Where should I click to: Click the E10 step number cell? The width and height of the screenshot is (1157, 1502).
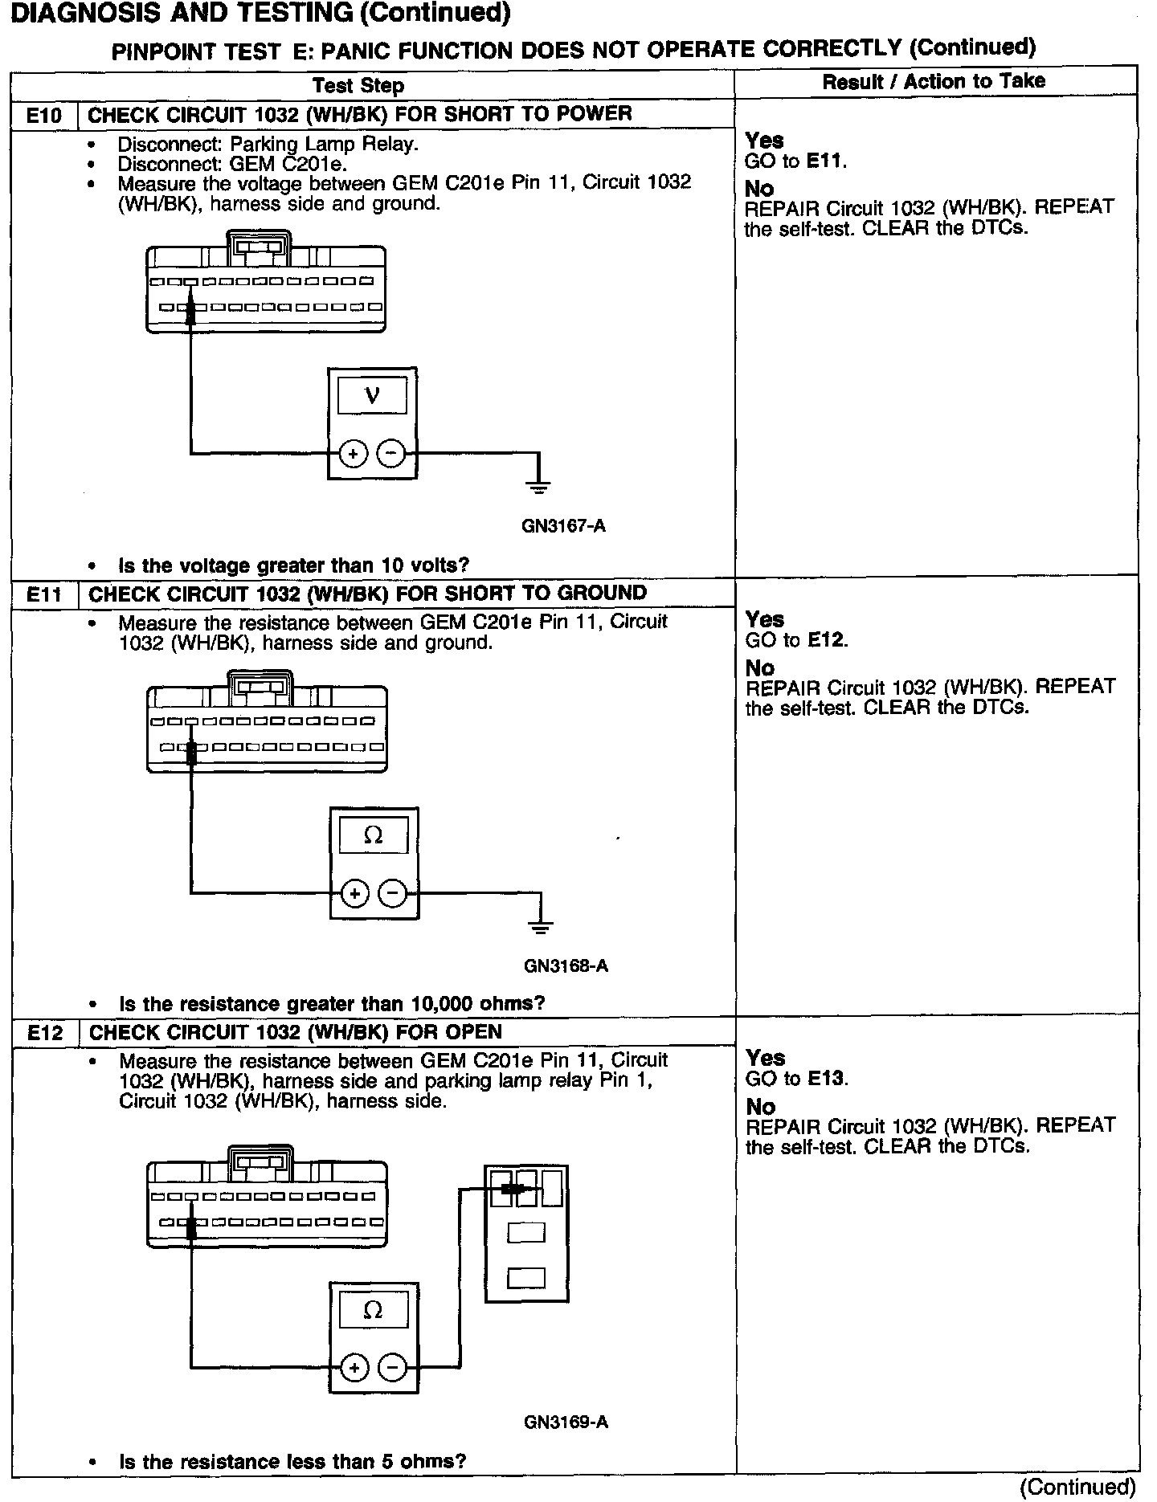click(44, 116)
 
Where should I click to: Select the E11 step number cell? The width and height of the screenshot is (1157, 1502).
click(44, 595)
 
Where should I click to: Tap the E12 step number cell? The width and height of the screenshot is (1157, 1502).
click(45, 1033)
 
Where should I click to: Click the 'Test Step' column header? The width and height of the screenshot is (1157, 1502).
click(358, 86)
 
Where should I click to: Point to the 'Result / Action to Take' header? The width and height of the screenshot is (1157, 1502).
click(934, 81)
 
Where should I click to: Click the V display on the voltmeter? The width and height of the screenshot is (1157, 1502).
click(372, 396)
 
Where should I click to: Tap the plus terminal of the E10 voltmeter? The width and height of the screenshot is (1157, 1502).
click(353, 454)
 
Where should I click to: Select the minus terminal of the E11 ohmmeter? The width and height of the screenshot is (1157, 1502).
click(393, 893)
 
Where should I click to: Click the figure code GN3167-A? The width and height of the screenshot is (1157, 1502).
click(563, 527)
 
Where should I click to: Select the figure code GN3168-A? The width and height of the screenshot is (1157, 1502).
click(566, 965)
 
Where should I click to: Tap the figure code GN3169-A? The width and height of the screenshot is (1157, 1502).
click(566, 1422)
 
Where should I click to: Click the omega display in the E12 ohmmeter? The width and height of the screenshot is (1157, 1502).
click(373, 1310)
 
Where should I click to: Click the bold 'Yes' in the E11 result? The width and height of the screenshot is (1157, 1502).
click(765, 619)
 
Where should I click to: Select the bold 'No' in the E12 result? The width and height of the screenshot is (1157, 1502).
click(761, 1107)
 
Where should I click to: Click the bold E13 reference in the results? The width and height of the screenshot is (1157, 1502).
click(826, 1079)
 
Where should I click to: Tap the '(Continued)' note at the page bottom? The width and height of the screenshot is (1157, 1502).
click(1077, 1488)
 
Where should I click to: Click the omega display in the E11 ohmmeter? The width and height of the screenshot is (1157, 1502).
click(374, 835)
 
